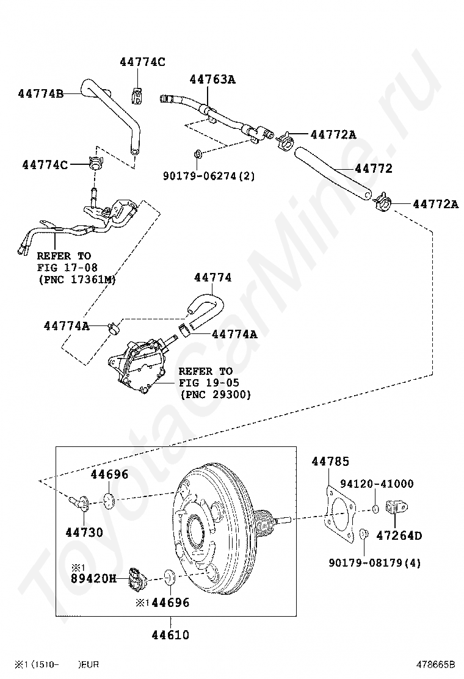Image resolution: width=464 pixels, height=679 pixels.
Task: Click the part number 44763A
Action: pos(212,79)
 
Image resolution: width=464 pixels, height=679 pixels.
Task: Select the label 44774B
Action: pos(40,93)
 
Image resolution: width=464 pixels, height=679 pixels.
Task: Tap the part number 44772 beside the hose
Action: pos(373,169)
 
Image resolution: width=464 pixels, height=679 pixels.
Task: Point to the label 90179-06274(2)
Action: pos(209,176)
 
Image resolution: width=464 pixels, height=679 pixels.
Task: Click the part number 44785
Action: pos(330,462)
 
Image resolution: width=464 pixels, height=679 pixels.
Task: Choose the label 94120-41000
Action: pos(377,484)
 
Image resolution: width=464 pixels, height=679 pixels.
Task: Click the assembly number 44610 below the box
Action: pos(170,635)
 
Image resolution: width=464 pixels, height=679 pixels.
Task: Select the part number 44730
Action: pos(84,532)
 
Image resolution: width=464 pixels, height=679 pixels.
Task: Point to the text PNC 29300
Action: pos(216,395)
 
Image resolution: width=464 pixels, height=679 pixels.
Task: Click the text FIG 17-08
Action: pos(67,267)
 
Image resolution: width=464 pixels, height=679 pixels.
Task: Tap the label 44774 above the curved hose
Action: pos(212,277)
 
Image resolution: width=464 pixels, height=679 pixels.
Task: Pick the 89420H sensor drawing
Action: pos(136,578)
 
